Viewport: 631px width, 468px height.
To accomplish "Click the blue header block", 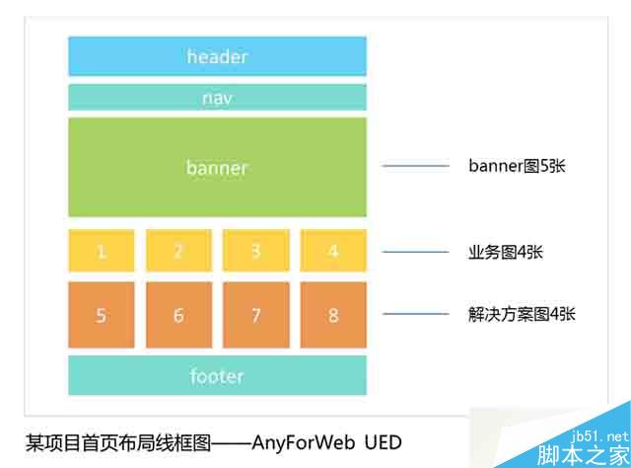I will pyautogui.click(x=217, y=56).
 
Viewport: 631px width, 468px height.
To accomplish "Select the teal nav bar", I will pyautogui.click(x=217, y=98).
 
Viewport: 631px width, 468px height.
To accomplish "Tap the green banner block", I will pyautogui.click(x=217, y=167).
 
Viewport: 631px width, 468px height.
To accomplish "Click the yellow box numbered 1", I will pyautogui.click(x=102, y=251).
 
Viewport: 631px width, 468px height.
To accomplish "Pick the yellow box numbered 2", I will pyautogui.click(x=178, y=251).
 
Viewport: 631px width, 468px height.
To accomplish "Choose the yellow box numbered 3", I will pyautogui.click(x=255, y=251).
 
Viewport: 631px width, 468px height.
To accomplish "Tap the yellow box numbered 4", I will pyautogui.click(x=333, y=251).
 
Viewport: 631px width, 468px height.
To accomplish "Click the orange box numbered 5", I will pyautogui.click(x=102, y=315).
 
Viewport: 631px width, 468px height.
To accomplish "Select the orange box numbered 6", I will pyautogui.click(x=178, y=315).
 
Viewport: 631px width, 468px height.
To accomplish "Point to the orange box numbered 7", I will pyautogui.click(x=255, y=315).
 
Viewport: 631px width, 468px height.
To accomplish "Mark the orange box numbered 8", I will pyautogui.click(x=333, y=315).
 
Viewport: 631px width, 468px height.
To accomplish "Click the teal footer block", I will pyautogui.click(x=217, y=376).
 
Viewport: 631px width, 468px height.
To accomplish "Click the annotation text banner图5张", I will pyautogui.click(x=517, y=166).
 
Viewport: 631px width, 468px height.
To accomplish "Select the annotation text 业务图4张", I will pyautogui.click(x=506, y=252).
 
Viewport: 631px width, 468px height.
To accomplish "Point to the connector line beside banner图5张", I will pyautogui.click(x=416, y=166).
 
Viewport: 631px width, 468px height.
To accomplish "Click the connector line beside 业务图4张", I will pyautogui.click(x=416, y=252).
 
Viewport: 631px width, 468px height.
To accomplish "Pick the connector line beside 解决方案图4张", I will pyautogui.click(x=416, y=314).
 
